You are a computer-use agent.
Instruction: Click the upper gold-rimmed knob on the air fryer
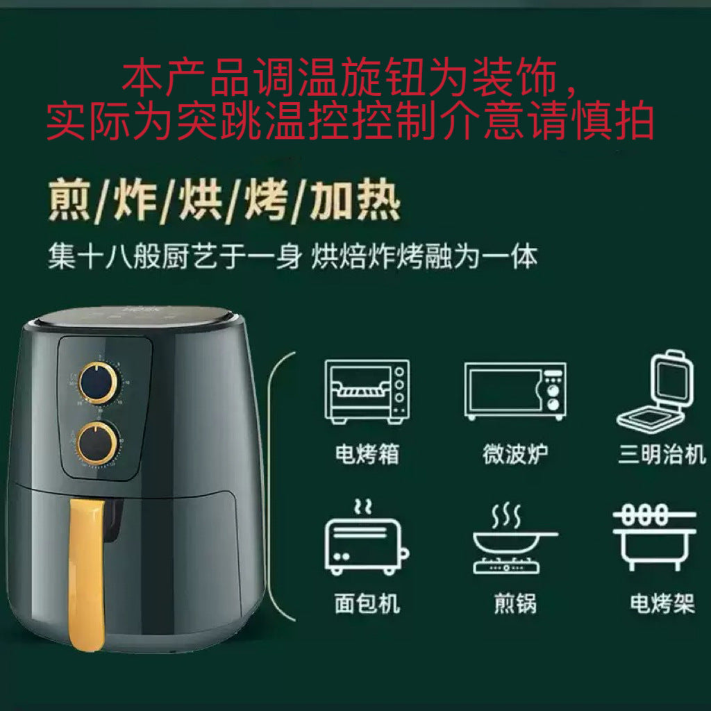point(99,383)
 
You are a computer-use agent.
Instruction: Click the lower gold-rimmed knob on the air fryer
point(97,444)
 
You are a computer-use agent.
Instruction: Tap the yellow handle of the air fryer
point(87,574)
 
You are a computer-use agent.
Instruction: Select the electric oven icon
point(367,392)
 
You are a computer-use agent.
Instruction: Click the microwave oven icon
point(515,391)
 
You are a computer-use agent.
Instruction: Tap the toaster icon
point(367,538)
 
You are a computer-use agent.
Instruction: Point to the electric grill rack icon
point(654,537)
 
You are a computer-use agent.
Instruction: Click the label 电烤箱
point(367,454)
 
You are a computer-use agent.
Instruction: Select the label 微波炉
point(515,454)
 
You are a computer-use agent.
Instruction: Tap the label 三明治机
point(662,454)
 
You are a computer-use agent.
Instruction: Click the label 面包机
point(367,603)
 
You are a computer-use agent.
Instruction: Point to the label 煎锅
point(515,603)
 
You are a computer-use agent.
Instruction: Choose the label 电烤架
point(662,603)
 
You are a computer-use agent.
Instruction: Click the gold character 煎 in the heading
point(69,200)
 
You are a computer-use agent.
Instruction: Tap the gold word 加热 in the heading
point(355,200)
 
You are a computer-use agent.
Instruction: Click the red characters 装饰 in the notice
point(516,77)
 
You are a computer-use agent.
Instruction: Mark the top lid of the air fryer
point(135,317)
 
